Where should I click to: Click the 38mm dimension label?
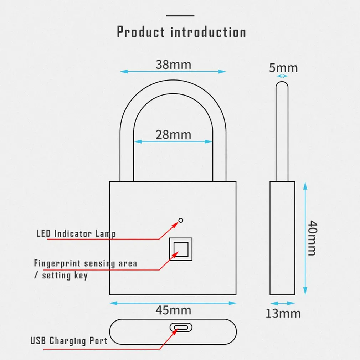[173, 65]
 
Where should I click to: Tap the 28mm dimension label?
[173, 135]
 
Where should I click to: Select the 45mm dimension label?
[173, 310]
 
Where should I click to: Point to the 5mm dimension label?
[283, 67]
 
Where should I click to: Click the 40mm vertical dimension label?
[312, 238]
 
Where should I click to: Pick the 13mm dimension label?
[283, 313]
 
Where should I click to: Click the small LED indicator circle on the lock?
[181, 220]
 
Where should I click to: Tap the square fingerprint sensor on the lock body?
[181, 248]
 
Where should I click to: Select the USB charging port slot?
[181, 328]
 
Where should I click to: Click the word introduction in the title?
[208, 32]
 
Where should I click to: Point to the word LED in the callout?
[43, 234]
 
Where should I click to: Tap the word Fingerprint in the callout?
[57, 264]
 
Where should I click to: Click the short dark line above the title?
[180, 16]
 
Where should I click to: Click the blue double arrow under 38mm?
[173, 72]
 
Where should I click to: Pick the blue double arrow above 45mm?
[173, 303]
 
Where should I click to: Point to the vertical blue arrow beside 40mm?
[305, 238]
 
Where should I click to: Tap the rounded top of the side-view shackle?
[282, 84]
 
